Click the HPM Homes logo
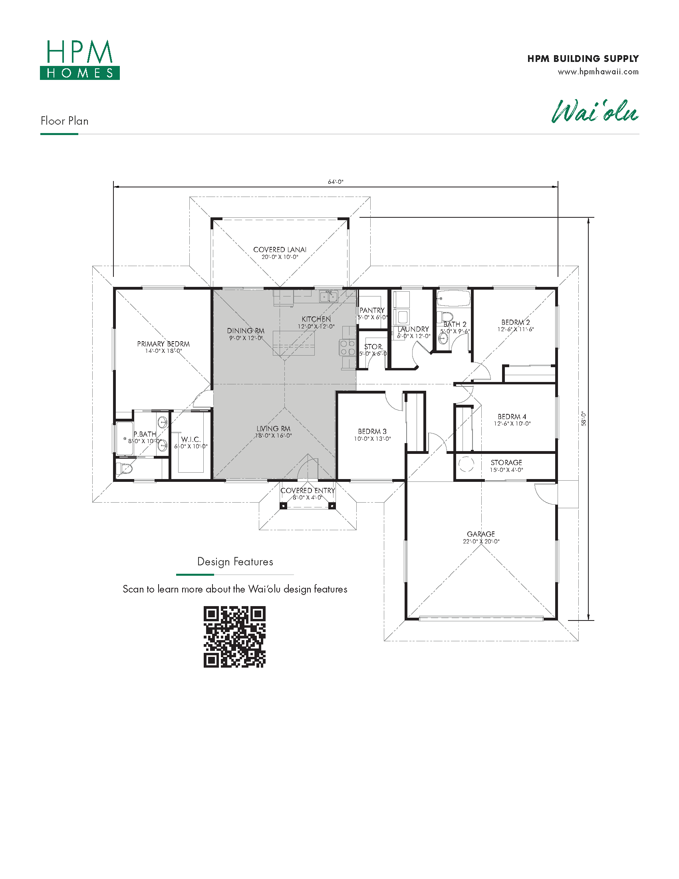79,60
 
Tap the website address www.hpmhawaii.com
598,72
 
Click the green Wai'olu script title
595,111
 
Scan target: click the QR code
234,637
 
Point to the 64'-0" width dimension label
336,182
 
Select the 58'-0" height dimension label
584,419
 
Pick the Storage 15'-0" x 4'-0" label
506,466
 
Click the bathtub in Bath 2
453,298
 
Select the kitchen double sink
329,296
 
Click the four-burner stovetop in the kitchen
347,348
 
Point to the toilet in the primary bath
124,469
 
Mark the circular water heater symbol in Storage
466,464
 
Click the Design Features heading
235,561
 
